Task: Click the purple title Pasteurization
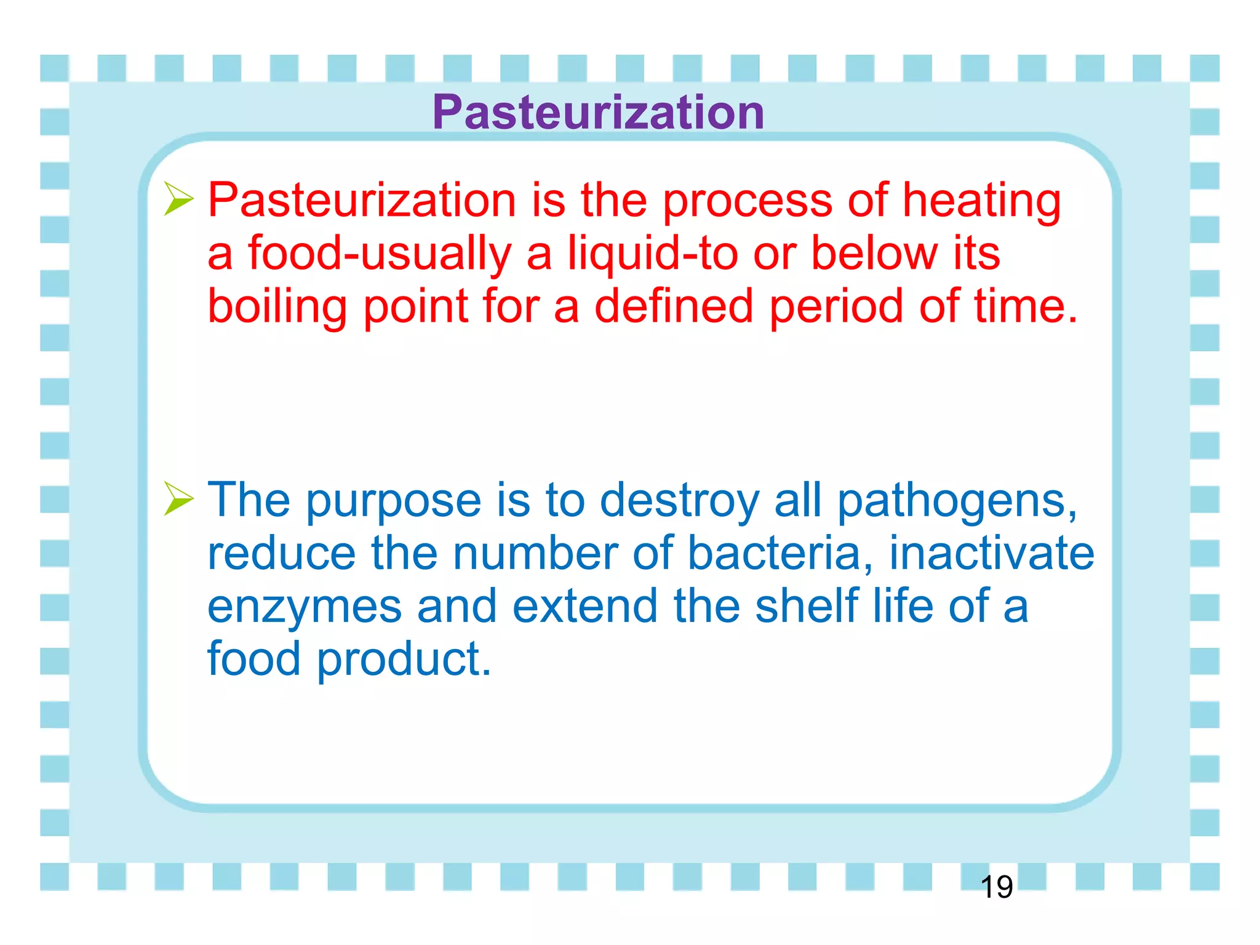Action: pos(598,112)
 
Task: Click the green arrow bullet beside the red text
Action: pos(178,199)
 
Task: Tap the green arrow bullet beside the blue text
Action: pos(178,498)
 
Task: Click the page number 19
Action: pos(996,887)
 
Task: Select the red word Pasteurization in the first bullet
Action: pos(362,201)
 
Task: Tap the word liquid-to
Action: pos(652,255)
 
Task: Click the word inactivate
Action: pos(992,552)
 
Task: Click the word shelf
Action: pos(807,605)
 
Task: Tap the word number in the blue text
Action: pos(535,552)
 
